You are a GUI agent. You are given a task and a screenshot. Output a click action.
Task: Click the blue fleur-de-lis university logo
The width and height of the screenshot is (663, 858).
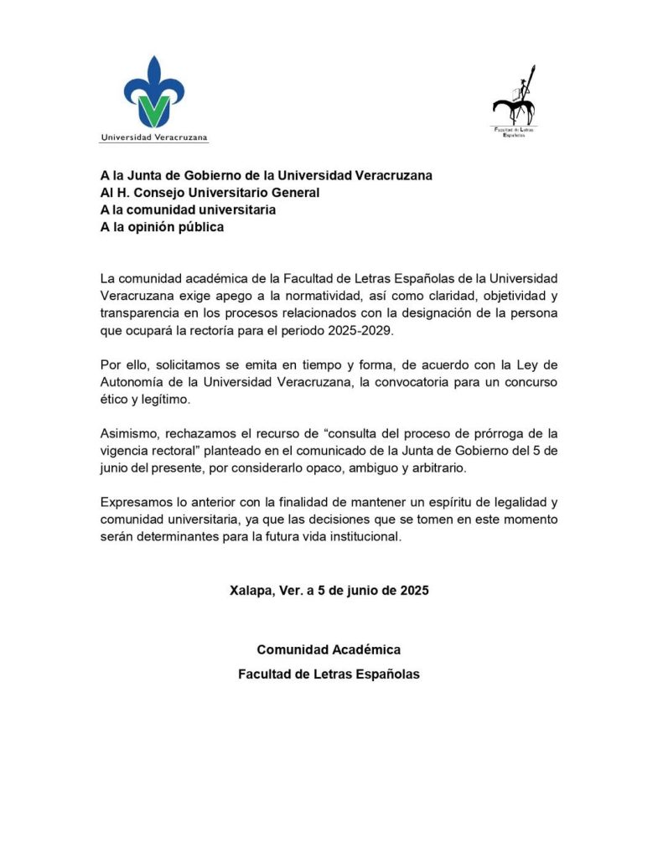point(154,92)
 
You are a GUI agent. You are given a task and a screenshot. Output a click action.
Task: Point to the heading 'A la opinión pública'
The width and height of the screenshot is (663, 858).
point(162,226)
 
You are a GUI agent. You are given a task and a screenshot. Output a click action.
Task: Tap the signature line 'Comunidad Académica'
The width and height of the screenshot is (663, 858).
point(329,650)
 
